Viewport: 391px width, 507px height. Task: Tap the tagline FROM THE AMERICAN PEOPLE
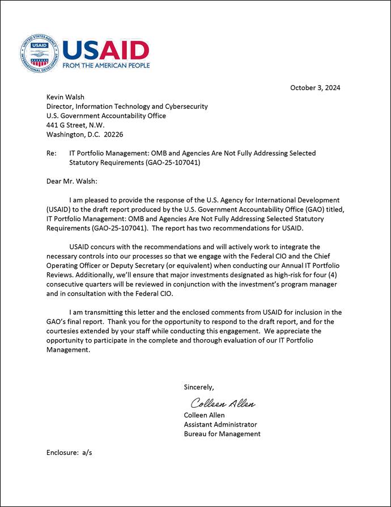point(106,66)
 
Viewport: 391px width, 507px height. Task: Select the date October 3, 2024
point(314,87)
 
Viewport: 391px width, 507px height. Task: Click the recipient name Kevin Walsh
point(66,97)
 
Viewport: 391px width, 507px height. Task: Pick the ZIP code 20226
point(113,134)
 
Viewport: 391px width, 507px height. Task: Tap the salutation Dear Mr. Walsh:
point(72,181)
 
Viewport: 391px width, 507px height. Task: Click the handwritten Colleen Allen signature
point(222,404)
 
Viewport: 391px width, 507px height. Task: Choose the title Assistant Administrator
point(220,424)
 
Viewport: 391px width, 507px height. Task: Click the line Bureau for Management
point(222,434)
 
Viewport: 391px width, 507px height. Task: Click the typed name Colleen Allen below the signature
point(204,415)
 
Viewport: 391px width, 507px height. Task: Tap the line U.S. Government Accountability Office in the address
point(106,116)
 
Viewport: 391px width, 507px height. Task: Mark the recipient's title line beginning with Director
point(127,106)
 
